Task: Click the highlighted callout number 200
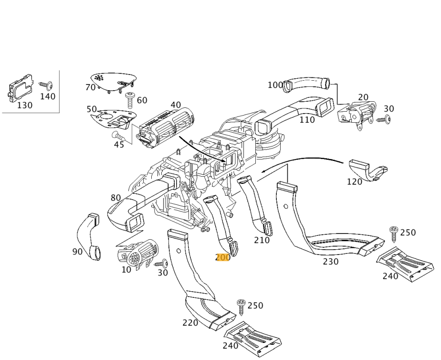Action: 223,257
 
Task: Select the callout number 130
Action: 24,105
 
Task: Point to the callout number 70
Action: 90,87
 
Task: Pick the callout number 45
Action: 119,145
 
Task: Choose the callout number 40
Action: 176,105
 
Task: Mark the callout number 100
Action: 275,85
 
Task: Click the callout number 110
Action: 307,120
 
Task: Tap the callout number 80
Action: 115,198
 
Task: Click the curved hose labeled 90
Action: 88,237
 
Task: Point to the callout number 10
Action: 126,270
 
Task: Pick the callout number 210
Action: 262,240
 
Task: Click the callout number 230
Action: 330,262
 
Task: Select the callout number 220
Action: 190,323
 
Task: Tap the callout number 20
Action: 363,97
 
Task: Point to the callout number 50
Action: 92,109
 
